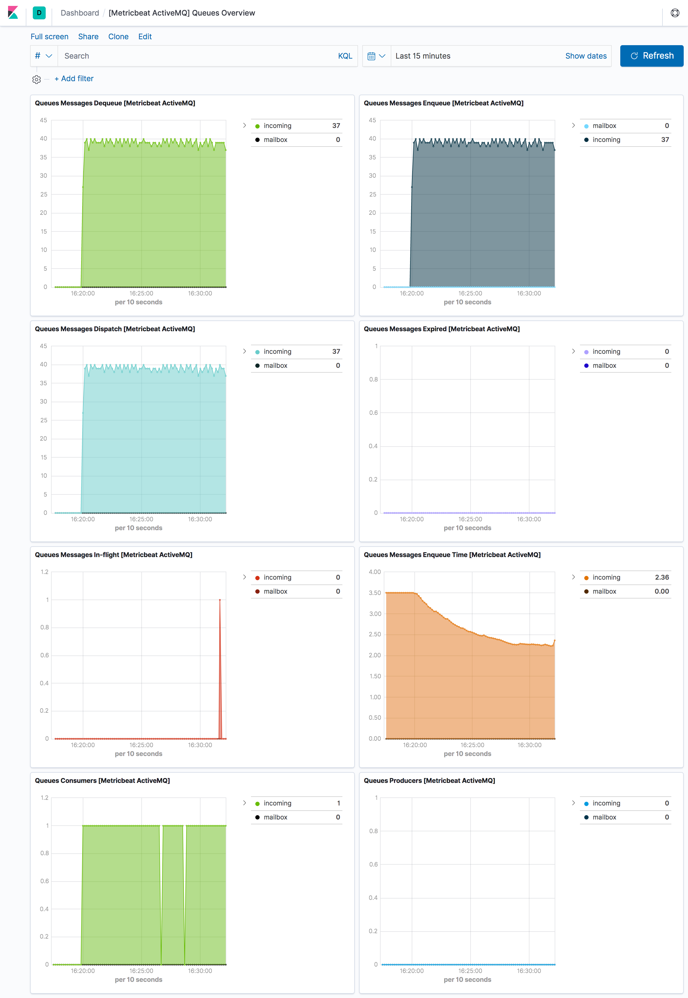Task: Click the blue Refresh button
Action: point(651,56)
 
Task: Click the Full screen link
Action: point(49,37)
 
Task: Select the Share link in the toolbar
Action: point(88,37)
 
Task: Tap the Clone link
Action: point(118,37)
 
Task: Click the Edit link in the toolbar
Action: point(145,37)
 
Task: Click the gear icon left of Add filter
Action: point(37,79)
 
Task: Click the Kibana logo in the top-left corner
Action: point(13,13)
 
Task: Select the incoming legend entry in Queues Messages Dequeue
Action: point(277,126)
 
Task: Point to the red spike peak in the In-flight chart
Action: point(220,600)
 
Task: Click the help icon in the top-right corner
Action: point(675,13)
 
